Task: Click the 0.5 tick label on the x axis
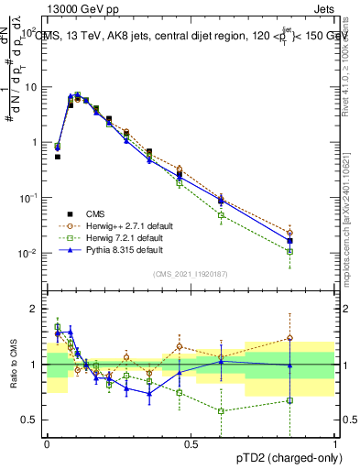[x=191, y=443]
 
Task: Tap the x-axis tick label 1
[x=334, y=443]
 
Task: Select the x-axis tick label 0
[x=47, y=443]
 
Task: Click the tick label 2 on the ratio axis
[x=33, y=309]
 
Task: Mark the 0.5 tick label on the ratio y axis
[x=28, y=420]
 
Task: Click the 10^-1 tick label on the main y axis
[x=27, y=197]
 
